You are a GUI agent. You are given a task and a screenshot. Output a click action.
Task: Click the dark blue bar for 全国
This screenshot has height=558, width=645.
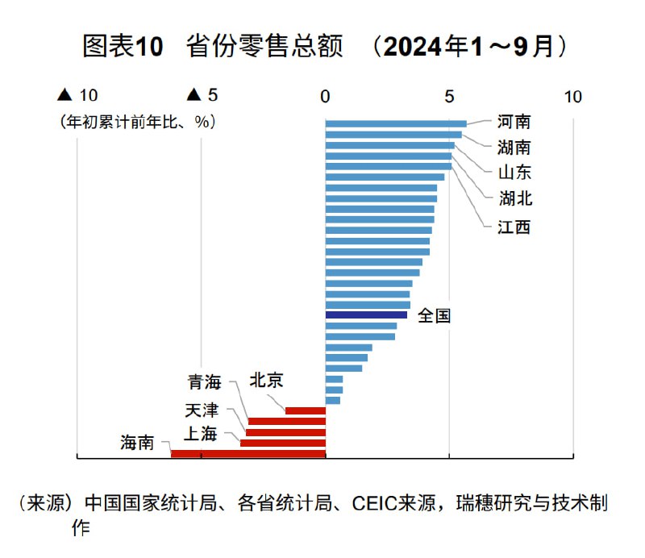point(366,315)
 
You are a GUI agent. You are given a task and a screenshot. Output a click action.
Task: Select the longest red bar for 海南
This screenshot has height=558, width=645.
point(248,454)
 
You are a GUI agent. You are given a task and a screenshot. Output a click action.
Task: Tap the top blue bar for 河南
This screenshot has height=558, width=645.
point(396,123)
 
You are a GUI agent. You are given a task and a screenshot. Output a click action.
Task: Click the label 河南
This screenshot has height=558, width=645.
point(514,122)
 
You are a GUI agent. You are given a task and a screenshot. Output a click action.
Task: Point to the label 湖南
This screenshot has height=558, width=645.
point(514,148)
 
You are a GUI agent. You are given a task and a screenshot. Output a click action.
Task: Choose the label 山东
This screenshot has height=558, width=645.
point(514,173)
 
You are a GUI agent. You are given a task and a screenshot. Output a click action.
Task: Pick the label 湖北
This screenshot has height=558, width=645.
point(514,198)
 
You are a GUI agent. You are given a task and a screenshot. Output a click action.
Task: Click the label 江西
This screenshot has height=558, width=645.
point(514,227)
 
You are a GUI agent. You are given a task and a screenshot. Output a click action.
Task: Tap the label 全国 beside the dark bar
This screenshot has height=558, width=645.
point(435,315)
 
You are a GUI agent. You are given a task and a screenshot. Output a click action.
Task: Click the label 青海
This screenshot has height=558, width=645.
point(205,381)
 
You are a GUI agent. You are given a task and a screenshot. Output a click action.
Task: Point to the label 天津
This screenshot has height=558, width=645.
point(201,410)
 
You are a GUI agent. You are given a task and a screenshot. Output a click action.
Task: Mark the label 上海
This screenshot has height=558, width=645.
point(201,434)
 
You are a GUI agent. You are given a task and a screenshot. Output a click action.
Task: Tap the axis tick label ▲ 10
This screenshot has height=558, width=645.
point(77,96)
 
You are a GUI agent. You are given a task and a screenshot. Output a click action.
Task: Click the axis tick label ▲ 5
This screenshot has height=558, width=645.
point(202,96)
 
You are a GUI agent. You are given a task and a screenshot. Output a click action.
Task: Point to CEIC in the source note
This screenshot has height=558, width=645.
point(369,504)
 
